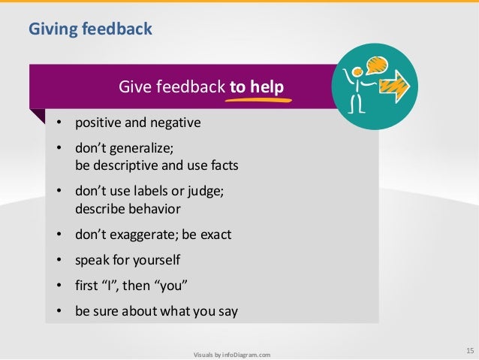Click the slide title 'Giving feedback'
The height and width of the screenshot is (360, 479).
point(90,29)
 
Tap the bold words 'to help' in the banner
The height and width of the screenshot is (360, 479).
point(257,89)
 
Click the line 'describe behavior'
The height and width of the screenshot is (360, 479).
point(128,208)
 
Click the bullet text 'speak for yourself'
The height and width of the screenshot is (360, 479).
point(128,261)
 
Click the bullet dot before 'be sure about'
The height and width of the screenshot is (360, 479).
point(60,313)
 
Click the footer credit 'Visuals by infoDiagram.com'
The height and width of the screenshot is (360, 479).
point(231,353)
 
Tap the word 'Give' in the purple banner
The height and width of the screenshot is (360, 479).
point(134,89)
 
